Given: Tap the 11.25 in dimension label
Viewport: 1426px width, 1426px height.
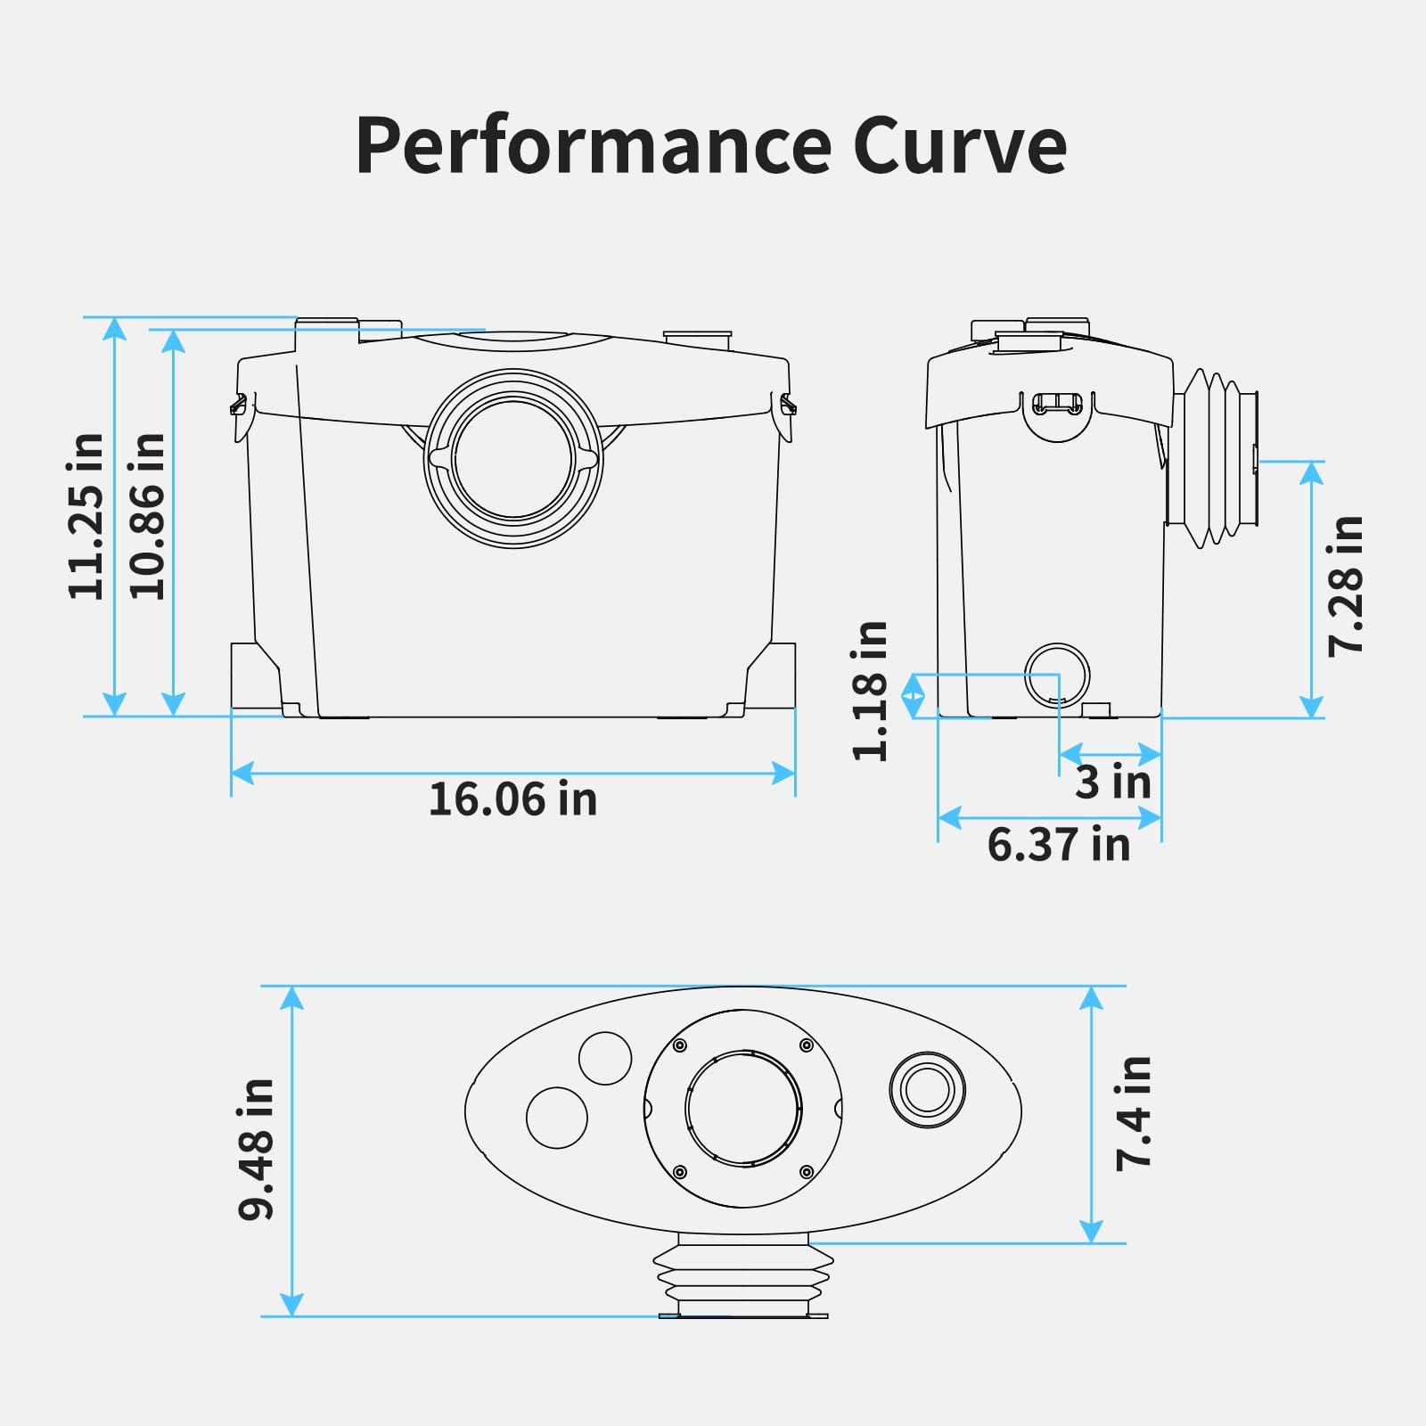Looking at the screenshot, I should [86, 516].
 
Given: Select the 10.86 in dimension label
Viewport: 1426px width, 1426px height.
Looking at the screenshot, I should [147, 516].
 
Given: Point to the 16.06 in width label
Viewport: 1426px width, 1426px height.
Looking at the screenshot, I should [512, 799].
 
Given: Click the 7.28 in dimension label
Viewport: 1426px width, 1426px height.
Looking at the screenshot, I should [1345, 586].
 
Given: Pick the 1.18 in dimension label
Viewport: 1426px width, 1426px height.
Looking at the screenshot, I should [871, 691].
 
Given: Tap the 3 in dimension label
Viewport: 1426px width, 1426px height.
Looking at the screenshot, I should [1112, 782].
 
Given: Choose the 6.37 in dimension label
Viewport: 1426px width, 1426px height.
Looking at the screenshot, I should [1058, 843].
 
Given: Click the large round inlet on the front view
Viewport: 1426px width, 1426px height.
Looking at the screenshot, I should [513, 458].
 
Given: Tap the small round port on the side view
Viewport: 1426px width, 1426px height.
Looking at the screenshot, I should [1057, 675].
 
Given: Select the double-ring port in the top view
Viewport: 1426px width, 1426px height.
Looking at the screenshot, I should [927, 1088].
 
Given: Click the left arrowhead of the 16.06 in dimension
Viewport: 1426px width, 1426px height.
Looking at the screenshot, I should [241, 773].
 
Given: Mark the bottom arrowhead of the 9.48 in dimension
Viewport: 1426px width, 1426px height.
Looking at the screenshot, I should [292, 1305].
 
